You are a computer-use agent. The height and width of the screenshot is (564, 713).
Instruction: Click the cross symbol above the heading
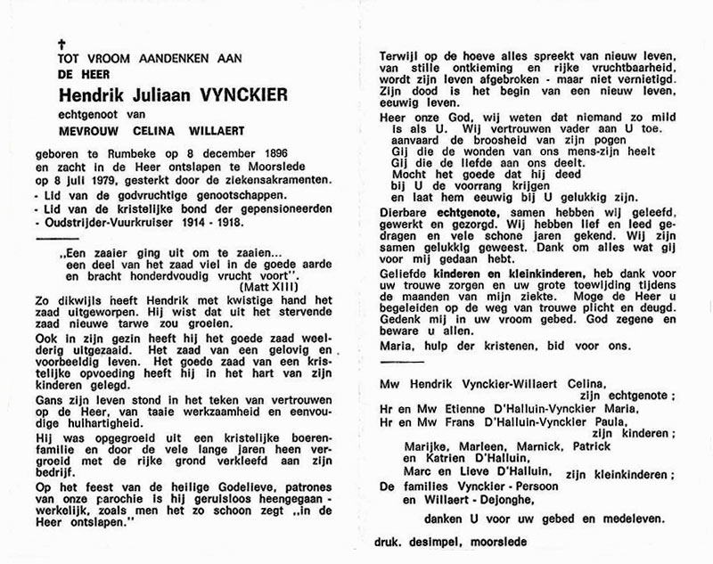(x=62, y=42)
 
